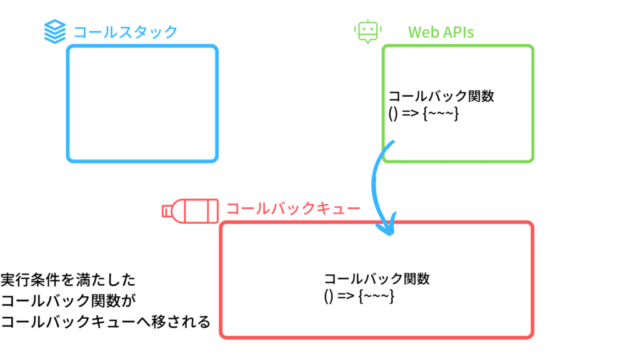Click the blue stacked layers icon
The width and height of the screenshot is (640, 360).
point(55,31)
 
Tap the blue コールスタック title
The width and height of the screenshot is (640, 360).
point(125,32)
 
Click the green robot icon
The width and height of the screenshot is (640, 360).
point(367,31)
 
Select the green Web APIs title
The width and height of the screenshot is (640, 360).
point(441,32)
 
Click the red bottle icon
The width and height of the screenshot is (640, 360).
point(190,211)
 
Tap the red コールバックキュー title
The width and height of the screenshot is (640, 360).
point(293,209)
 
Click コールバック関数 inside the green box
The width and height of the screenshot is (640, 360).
point(441,96)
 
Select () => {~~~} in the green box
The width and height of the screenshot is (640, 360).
point(424,113)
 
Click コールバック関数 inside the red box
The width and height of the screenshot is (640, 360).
point(377,279)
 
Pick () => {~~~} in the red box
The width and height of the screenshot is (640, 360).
point(359,296)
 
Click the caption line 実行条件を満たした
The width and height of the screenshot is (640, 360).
point(67,280)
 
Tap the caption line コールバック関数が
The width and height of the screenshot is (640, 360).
point(68,301)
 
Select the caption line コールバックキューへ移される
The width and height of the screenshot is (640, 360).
point(105,322)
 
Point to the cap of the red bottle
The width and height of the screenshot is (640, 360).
point(166,211)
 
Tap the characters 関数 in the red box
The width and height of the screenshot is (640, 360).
point(417,279)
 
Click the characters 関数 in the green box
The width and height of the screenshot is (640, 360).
point(481,96)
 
